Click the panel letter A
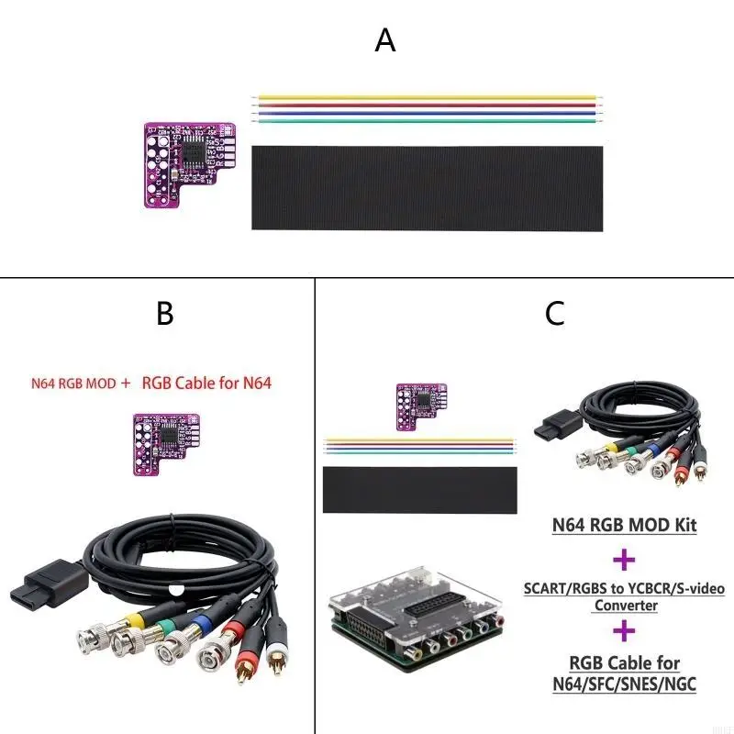[385, 41]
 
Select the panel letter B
[165, 314]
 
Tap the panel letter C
[554, 314]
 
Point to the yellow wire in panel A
[427, 96]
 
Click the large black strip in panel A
[427, 187]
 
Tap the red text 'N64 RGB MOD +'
[81, 384]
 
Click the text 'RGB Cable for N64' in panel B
[206, 384]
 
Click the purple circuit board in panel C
[419, 406]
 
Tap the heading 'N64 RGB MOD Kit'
[624, 526]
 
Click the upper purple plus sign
[624, 559]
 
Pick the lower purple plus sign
[624, 630]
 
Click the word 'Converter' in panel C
[624, 605]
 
